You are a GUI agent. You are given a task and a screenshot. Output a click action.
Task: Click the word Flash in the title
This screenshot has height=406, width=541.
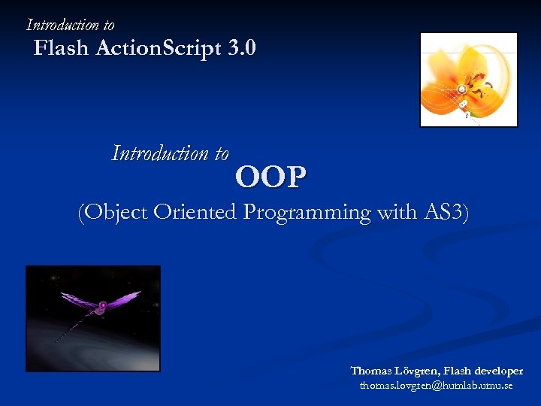(x=62, y=49)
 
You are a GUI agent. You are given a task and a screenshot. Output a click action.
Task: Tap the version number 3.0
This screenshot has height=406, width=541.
(x=241, y=49)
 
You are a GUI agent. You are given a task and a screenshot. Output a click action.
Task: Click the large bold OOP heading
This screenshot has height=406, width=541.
(x=270, y=177)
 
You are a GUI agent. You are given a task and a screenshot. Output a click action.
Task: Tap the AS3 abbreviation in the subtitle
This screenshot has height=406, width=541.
(x=444, y=213)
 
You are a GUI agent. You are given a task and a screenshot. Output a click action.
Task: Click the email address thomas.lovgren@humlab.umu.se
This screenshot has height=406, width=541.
(x=436, y=386)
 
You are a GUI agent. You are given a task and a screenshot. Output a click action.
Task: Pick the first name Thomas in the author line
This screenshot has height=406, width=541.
(x=371, y=371)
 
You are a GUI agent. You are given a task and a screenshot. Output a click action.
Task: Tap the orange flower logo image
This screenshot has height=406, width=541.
(x=467, y=80)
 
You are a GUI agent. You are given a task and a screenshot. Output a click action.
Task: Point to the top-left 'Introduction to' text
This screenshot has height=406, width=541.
(x=71, y=25)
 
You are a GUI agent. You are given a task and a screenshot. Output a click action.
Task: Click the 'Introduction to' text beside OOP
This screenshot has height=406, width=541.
(x=170, y=153)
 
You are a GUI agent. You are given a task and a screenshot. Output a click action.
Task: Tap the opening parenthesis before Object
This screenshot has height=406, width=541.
(x=82, y=213)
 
